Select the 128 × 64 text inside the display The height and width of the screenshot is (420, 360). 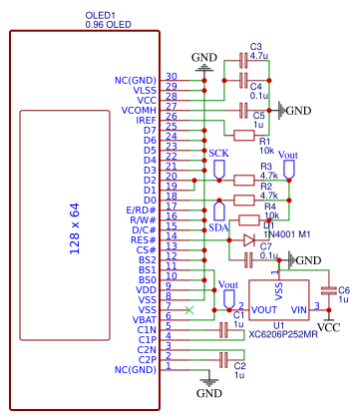click(x=74, y=228)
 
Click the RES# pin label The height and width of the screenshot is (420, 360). click(x=143, y=239)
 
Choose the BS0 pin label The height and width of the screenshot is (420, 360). click(x=147, y=279)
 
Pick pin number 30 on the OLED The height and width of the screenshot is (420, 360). click(x=171, y=76)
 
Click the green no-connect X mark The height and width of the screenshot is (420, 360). click(x=189, y=308)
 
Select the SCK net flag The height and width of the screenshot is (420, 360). click(x=219, y=165)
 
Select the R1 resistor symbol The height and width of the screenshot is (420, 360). click(x=244, y=133)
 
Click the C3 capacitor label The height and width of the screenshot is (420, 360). click(x=256, y=47)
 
